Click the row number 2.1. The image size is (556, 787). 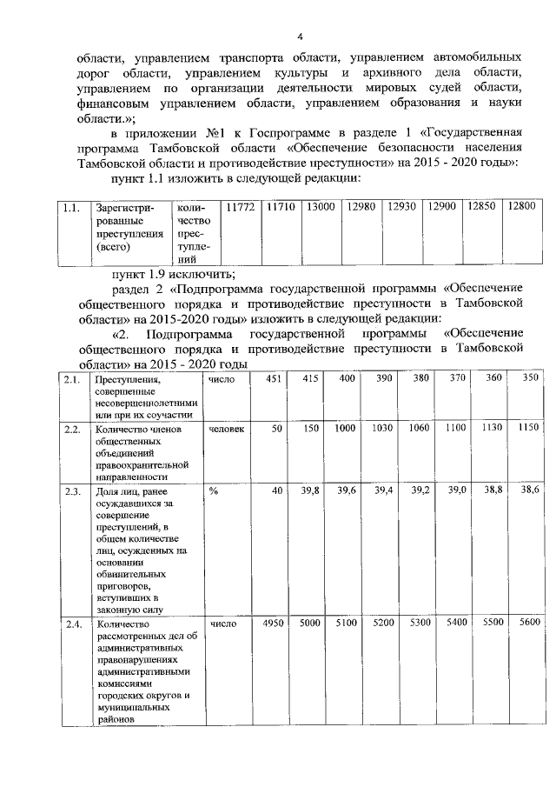(x=72, y=379)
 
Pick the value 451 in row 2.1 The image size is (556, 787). (x=272, y=378)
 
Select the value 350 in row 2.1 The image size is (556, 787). (x=529, y=378)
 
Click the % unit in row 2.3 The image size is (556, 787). (x=212, y=491)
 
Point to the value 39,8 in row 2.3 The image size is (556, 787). (x=310, y=491)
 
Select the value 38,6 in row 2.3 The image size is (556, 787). (x=529, y=491)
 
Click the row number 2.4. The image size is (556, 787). (x=72, y=623)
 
